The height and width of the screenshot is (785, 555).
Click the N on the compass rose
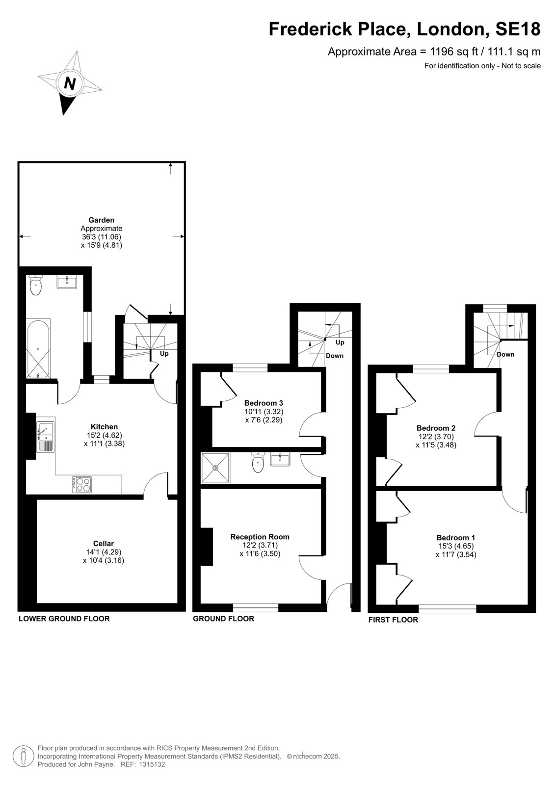[x=70, y=84]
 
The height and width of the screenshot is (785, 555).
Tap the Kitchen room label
[x=104, y=426]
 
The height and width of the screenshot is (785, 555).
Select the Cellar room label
[x=104, y=543]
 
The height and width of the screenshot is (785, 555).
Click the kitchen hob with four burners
[x=82, y=484]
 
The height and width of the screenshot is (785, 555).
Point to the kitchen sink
[x=45, y=437]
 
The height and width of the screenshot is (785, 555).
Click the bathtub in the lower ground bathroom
[x=38, y=349]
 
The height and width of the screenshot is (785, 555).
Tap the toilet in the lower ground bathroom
[x=36, y=285]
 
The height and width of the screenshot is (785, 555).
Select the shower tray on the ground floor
[x=215, y=468]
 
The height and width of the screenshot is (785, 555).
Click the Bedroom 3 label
[x=264, y=403]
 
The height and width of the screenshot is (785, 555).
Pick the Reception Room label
[x=260, y=537]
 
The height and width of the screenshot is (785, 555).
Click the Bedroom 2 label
[x=436, y=428]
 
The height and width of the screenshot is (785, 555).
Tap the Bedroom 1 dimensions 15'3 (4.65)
[x=456, y=546]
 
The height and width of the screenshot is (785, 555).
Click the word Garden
[x=101, y=220]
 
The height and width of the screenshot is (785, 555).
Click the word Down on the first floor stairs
[x=505, y=354]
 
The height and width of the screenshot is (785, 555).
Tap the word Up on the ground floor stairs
[x=340, y=342]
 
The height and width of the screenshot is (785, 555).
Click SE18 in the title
[x=518, y=29]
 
